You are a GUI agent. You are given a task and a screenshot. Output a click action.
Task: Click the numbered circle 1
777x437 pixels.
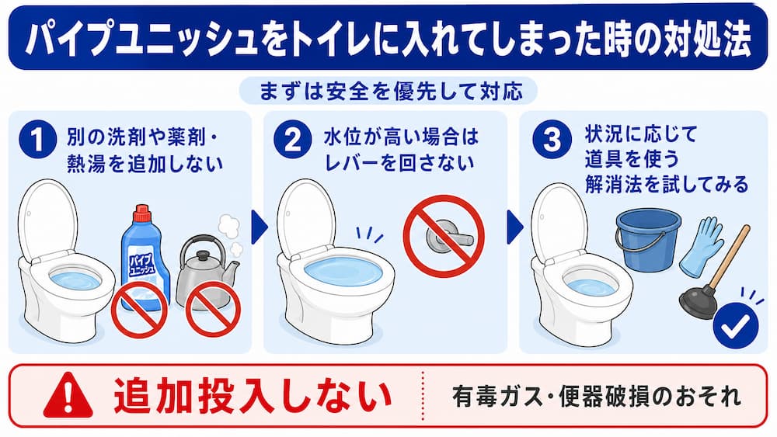click(37, 140)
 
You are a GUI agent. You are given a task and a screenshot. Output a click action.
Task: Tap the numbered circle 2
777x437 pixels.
click(293, 140)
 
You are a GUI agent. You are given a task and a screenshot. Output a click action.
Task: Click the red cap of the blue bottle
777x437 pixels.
click(142, 213)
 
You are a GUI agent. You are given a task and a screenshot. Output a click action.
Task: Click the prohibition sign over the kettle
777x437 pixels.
click(213, 308)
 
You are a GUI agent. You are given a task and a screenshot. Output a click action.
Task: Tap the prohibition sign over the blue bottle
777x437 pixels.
click(138, 310)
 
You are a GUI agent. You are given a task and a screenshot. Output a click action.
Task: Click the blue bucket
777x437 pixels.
click(648, 239)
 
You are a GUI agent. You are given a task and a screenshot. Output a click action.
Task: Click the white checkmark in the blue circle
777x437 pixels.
click(735, 326)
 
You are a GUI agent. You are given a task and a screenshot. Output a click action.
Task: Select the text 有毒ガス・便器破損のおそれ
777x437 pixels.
click(597, 397)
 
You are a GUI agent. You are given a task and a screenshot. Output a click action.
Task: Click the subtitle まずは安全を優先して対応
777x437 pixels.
click(392, 91)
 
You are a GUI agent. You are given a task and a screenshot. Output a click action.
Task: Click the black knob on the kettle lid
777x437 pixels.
click(203, 256)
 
